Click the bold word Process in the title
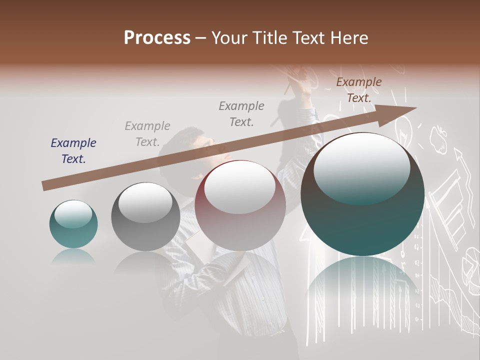click(x=157, y=38)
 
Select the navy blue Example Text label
click(x=73, y=150)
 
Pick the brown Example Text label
click(x=358, y=90)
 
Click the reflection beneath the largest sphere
click(x=362, y=285)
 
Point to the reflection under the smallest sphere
click(x=73, y=256)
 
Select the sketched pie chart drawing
click(x=470, y=260)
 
